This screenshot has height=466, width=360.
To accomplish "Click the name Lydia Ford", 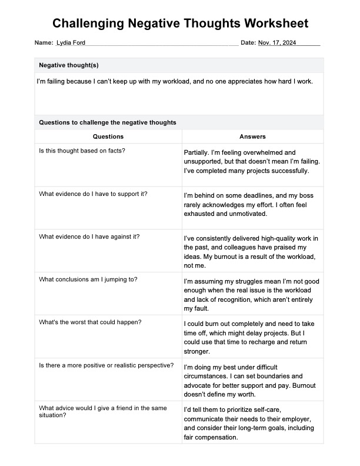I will pyautogui.click(x=71, y=43).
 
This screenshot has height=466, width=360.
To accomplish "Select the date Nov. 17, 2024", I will pyautogui.click(x=277, y=43).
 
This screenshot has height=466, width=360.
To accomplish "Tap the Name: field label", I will pyautogui.click(x=44, y=43).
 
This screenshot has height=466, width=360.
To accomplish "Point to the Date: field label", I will pyautogui.click(x=248, y=43).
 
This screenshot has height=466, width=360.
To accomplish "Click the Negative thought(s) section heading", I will pyautogui.click(x=72, y=65).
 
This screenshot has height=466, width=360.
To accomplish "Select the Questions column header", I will pyautogui.click(x=108, y=137).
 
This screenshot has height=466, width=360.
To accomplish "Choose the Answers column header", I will pyautogui.click(x=252, y=137).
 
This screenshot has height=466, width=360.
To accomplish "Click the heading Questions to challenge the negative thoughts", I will pyautogui.click(x=107, y=122).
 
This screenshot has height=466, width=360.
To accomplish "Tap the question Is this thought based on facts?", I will pyautogui.click(x=82, y=151).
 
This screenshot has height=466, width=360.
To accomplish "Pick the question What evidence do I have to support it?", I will pyautogui.click(x=93, y=194).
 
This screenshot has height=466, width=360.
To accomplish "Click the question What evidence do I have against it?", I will pyautogui.click(x=89, y=237).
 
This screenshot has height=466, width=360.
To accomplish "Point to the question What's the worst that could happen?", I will pyautogui.click(x=90, y=322).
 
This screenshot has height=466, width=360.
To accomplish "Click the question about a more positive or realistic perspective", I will pyautogui.click(x=106, y=365).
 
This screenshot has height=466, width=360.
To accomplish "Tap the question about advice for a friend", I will pyautogui.click(x=102, y=412).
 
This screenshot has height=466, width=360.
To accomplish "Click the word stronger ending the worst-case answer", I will pyautogui.click(x=196, y=352).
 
